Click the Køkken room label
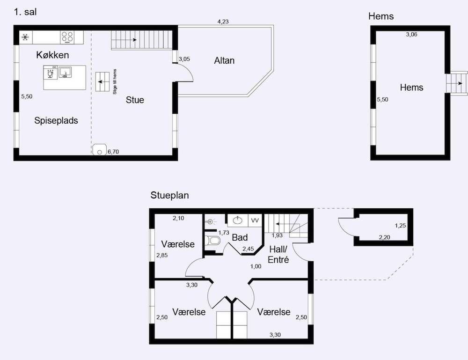[52, 55]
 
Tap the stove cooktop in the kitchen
[67, 37]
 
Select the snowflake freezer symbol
[25, 37]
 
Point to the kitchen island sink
[65, 72]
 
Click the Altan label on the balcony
[224, 60]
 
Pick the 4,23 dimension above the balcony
[223, 22]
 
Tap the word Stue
[135, 100]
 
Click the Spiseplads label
[56, 121]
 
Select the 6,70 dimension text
[113, 152]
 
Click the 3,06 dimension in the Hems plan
[411, 35]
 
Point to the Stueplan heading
[169, 195]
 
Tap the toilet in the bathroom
[213, 240]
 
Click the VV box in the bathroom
[255, 220]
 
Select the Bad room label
[240, 238]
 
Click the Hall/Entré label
[278, 254]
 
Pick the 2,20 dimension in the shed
[384, 237]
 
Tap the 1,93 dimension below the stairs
[277, 235]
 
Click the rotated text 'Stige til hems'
[115, 82]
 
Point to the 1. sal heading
[25, 12]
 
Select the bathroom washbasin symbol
[238, 220]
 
